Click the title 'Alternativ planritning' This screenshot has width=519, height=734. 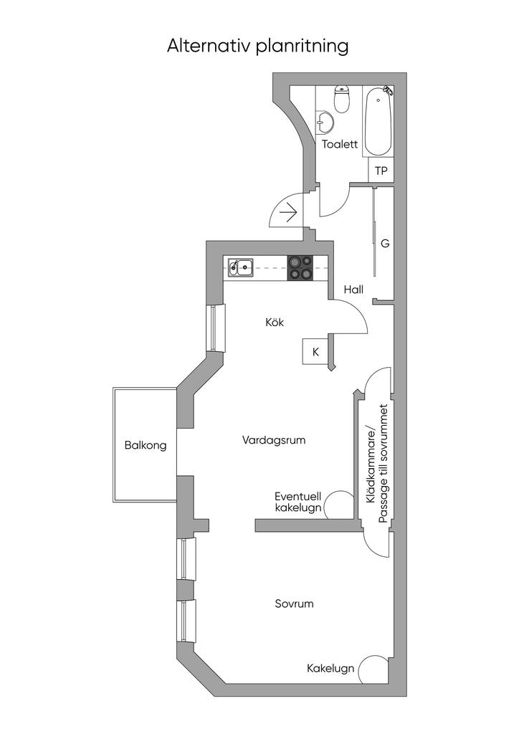[x=258, y=46]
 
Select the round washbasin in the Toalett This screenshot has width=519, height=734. [x=325, y=122]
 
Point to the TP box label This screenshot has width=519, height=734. [x=381, y=171]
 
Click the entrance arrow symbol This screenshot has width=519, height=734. [x=290, y=213]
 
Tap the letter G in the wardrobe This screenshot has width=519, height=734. [x=385, y=244]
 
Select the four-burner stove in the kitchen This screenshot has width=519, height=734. [x=300, y=267]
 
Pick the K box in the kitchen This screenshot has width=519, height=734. [x=315, y=352]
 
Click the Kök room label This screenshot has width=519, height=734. [x=275, y=323]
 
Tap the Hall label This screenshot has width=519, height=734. [x=353, y=290]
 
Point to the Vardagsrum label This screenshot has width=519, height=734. [x=274, y=440]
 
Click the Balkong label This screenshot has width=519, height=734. [x=146, y=445]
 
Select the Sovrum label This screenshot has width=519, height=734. [x=294, y=604]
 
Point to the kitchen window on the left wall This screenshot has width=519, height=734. [x=216, y=328]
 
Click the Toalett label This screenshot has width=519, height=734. [x=340, y=144]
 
